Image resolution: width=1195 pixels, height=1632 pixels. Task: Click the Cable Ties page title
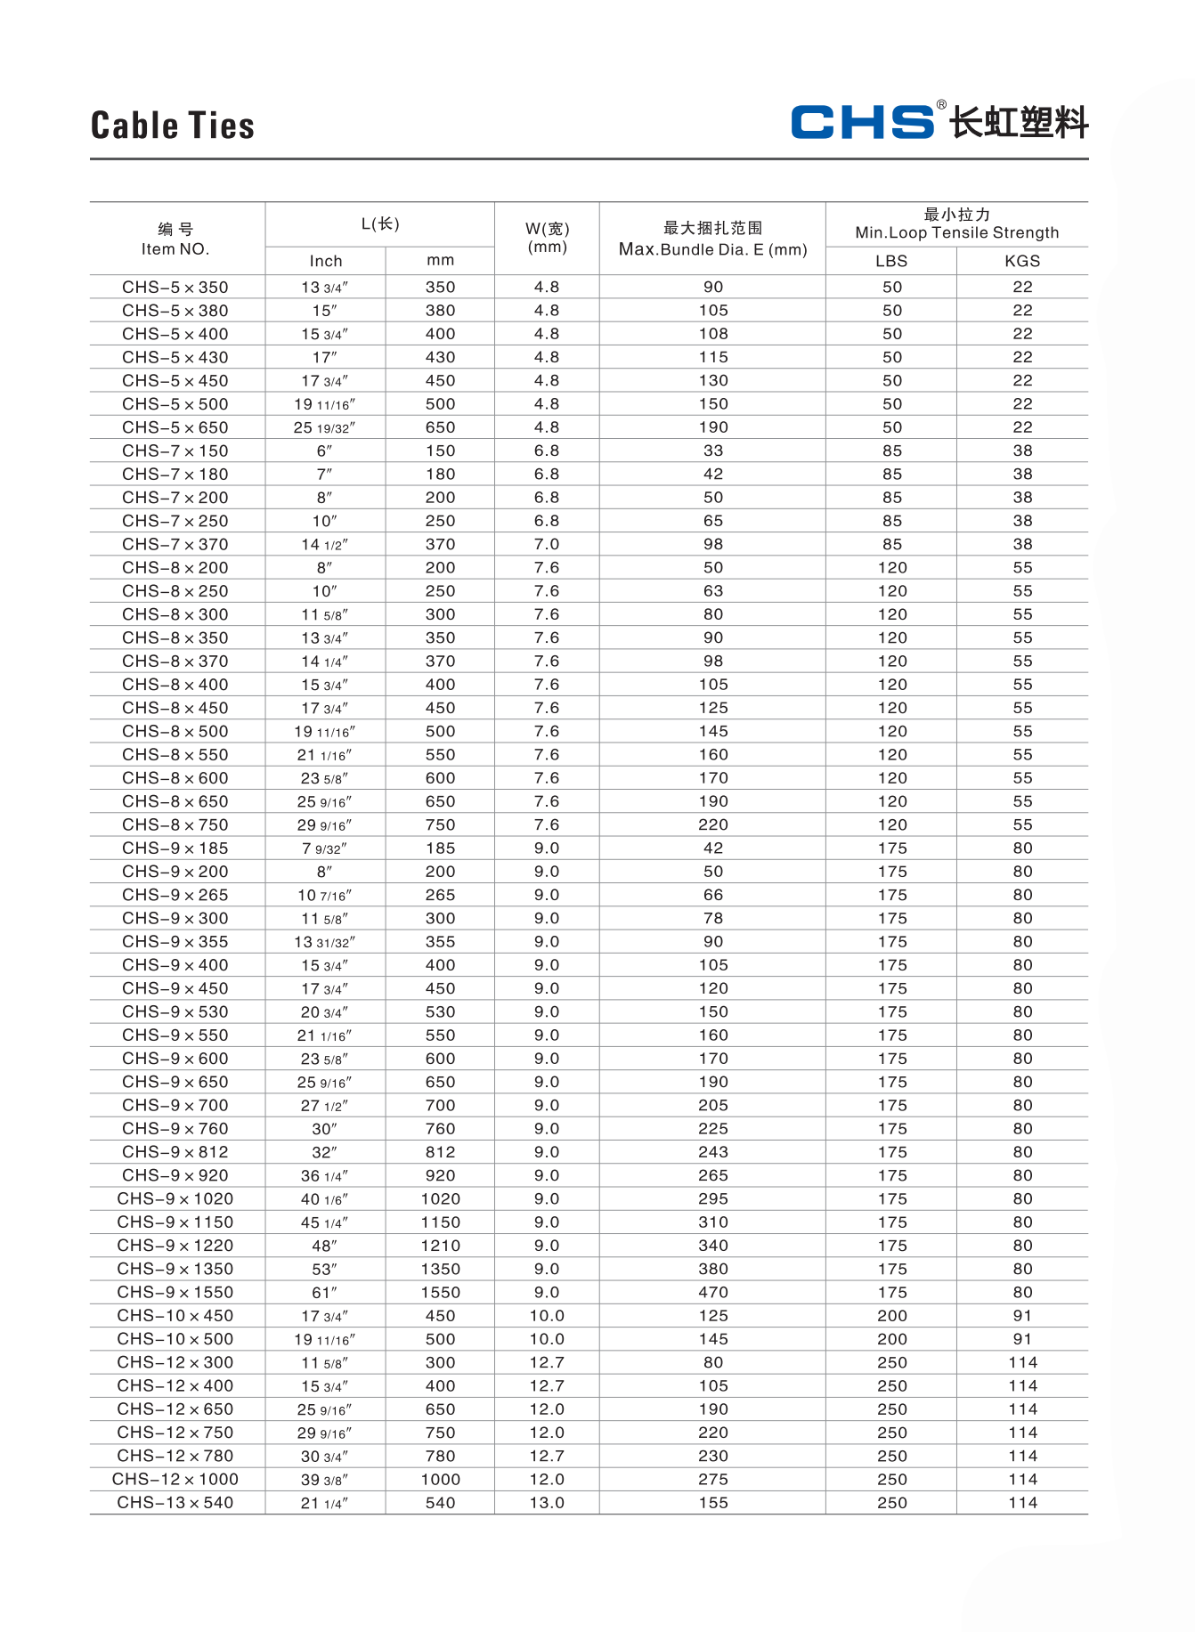tap(173, 126)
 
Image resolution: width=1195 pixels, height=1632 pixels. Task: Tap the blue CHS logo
tap(862, 122)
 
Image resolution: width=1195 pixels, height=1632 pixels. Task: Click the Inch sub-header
tap(326, 261)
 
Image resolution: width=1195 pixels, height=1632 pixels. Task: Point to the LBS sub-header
tap(891, 261)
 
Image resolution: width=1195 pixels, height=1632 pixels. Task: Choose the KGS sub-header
tap(1022, 261)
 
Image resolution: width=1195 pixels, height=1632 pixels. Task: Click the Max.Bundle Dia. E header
tap(712, 249)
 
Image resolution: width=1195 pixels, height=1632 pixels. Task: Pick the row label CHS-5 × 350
tap(175, 288)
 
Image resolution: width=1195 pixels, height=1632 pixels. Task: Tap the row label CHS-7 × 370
tap(175, 544)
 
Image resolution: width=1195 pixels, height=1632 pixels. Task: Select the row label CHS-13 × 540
tap(175, 1503)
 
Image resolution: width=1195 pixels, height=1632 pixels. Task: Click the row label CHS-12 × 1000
tap(175, 1480)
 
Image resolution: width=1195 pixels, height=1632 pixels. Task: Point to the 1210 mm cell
tap(441, 1246)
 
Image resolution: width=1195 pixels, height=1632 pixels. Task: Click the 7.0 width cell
tap(547, 544)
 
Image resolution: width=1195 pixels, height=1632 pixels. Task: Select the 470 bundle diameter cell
tap(713, 1293)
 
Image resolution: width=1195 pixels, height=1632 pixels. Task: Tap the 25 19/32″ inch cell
tap(325, 427)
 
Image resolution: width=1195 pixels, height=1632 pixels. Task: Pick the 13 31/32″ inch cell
tap(325, 942)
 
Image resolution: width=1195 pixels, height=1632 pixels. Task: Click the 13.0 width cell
tap(547, 1503)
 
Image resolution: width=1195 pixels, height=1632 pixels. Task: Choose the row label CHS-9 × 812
tap(175, 1152)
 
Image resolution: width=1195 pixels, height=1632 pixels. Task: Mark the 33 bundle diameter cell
tap(713, 451)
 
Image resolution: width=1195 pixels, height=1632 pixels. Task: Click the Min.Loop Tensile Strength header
tap(957, 233)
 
